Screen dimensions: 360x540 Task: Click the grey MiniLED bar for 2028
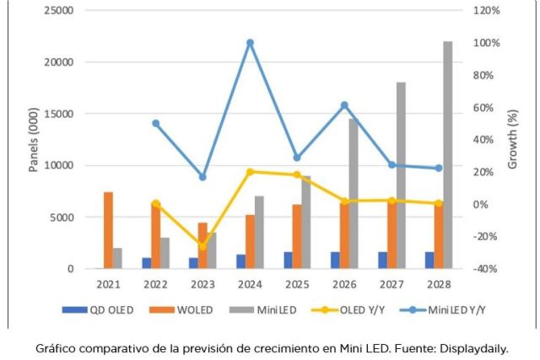click(x=447, y=155)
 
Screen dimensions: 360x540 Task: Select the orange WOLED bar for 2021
click(x=108, y=230)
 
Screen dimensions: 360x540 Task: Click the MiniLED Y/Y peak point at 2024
click(x=250, y=42)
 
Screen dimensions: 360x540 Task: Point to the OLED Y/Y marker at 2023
click(x=202, y=245)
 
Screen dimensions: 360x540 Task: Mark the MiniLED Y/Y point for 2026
click(x=344, y=105)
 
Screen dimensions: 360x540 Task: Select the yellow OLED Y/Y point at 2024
click(x=250, y=172)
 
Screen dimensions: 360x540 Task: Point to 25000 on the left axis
click(x=57, y=10)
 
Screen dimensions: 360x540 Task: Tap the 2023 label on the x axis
click(x=202, y=283)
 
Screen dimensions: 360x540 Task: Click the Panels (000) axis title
click(x=34, y=139)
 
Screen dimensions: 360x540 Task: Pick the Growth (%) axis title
click(x=513, y=139)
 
